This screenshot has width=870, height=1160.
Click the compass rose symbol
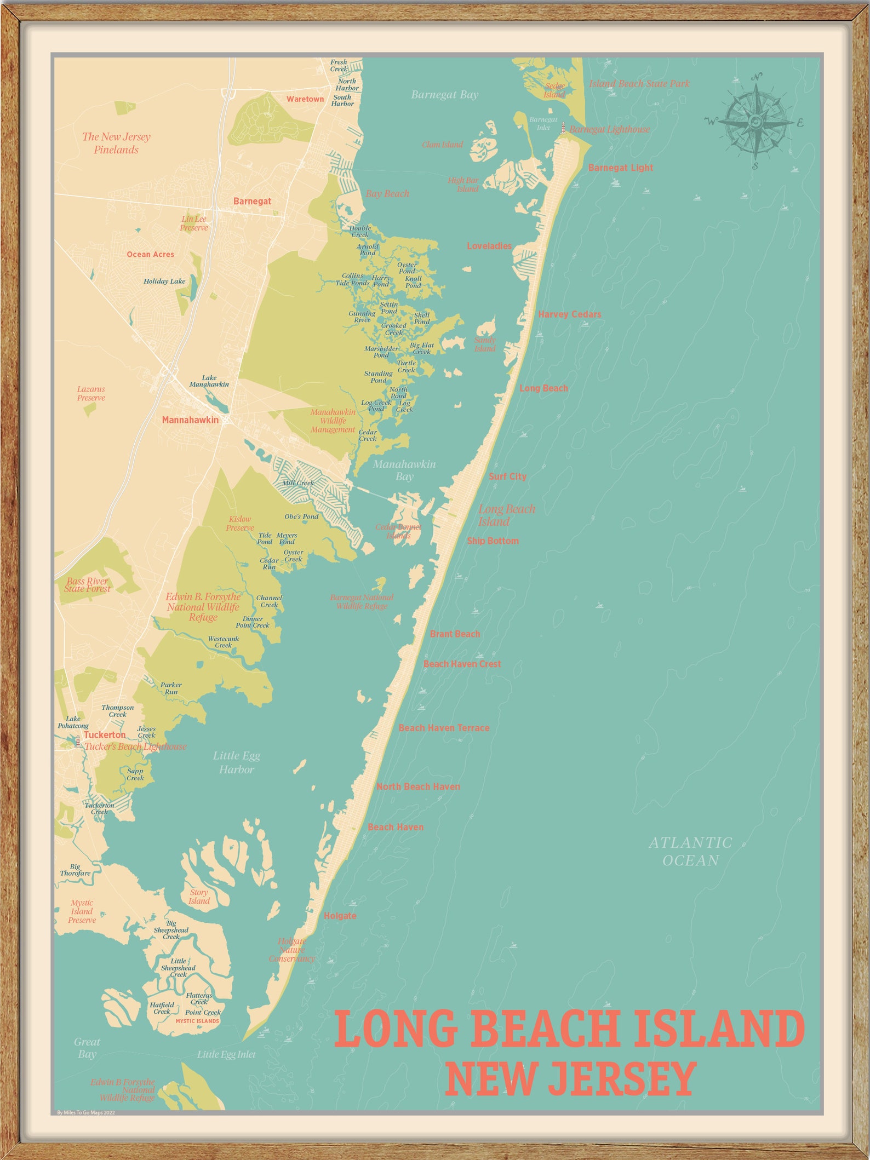(755, 122)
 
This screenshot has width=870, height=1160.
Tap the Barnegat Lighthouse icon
(563, 128)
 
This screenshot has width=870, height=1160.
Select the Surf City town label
(507, 476)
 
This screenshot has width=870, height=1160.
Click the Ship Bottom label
(493, 541)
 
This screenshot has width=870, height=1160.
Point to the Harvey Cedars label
(569, 314)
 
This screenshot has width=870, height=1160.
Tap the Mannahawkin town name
(190, 420)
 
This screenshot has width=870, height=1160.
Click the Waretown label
(305, 99)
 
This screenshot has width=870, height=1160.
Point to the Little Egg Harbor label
(237, 762)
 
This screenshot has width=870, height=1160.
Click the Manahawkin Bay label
(404, 470)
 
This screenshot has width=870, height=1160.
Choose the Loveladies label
(489, 246)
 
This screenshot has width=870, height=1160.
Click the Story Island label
(199, 897)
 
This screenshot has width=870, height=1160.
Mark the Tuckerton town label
(105, 735)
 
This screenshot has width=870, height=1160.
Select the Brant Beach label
(455, 634)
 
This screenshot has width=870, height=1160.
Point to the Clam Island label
(442, 145)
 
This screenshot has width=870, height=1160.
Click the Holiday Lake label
(164, 282)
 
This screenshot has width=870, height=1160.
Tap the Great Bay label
(87, 1048)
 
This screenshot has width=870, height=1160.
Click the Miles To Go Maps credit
(86, 1112)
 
